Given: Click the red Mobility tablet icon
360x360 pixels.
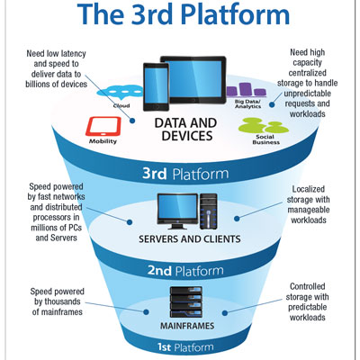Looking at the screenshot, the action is (103, 127).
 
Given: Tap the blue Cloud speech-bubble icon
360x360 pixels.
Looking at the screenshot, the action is (120, 92).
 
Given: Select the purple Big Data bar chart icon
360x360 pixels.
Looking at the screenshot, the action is (247, 90).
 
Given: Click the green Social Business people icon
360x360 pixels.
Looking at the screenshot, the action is (263, 126).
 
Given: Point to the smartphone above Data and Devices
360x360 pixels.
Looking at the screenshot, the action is (156, 87).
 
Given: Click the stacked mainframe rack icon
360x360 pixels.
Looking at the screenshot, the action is (186, 302).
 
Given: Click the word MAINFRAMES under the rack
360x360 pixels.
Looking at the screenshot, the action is (187, 326).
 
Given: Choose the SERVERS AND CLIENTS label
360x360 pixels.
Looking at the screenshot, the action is (190, 239).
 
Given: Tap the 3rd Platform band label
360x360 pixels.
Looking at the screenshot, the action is (185, 174).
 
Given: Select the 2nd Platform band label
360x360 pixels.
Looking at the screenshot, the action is (185, 271).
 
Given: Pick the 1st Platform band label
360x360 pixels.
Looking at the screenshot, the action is (185, 347).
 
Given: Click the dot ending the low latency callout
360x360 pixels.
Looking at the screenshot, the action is (132, 121).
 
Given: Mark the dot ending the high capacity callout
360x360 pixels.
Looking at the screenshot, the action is (272, 104).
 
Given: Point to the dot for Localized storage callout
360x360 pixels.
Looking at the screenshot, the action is (237, 219).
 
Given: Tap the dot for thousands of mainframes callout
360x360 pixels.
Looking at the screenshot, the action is (146, 312).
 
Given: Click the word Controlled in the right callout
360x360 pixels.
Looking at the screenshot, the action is (308, 286).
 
